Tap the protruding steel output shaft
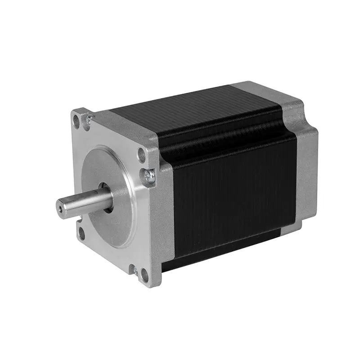(85, 202)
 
